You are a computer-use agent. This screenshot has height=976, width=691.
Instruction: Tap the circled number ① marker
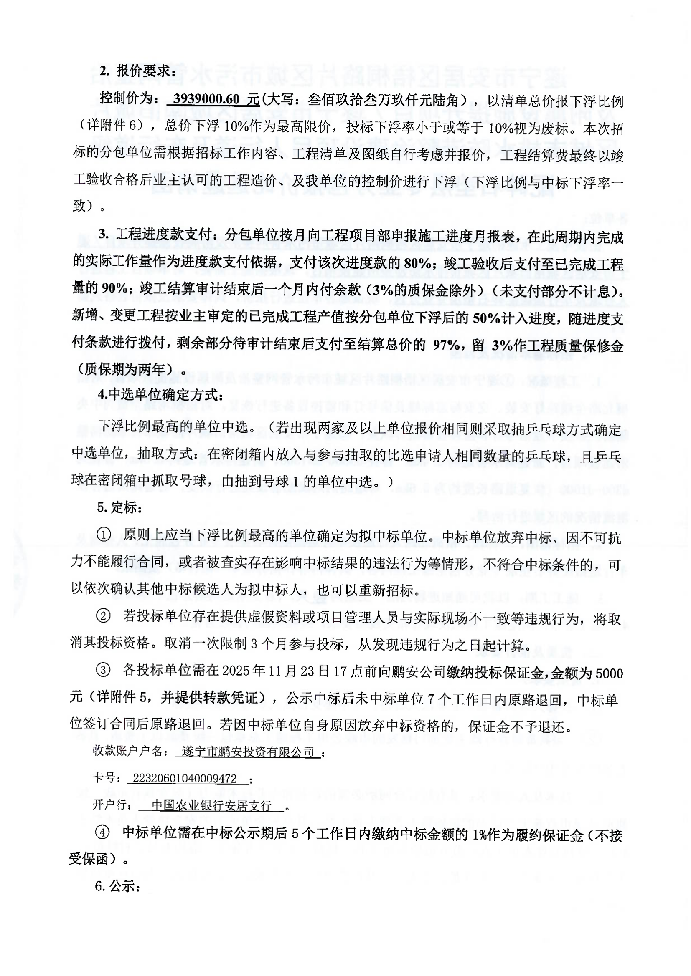coord(103,535)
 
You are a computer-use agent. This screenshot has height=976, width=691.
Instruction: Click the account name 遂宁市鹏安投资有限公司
coord(248,752)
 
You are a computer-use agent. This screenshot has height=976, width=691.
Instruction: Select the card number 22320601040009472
coord(185,779)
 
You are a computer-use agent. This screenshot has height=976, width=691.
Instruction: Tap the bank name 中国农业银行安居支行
coord(211,805)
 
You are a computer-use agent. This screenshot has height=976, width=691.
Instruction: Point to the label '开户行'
coord(109,805)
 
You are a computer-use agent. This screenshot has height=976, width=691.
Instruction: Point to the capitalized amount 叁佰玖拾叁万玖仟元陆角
coord(383,100)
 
